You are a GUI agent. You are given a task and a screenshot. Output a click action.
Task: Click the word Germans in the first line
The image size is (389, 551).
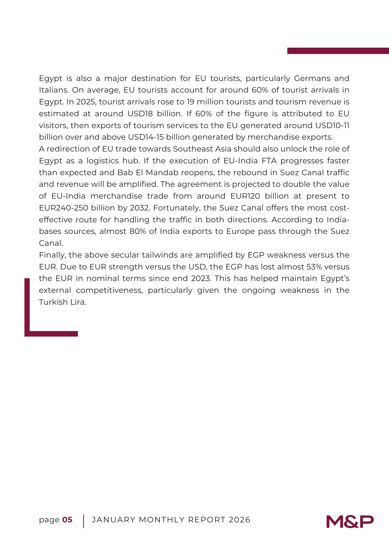312,79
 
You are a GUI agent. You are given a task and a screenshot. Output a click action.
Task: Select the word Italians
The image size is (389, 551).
53,90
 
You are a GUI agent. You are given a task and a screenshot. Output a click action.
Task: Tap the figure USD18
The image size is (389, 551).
140,114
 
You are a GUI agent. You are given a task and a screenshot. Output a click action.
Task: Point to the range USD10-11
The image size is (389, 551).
332,126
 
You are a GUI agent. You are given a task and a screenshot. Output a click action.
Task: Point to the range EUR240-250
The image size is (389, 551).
64,208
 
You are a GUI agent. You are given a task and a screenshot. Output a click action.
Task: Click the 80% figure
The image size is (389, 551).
138,231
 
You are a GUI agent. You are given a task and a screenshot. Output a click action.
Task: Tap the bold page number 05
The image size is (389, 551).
67,520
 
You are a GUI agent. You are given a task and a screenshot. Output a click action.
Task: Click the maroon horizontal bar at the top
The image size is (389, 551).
338,51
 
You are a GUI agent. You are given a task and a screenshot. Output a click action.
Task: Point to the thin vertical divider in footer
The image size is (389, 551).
83,521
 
